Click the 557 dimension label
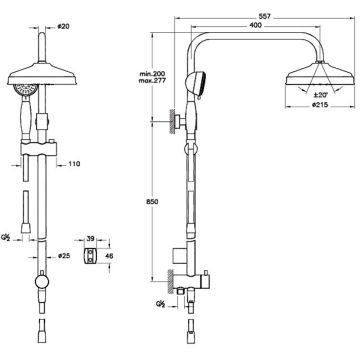(x=265, y=16)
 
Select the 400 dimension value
(x=255, y=25)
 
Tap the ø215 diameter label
(x=320, y=105)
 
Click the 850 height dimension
(x=152, y=202)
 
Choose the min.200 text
(x=152, y=74)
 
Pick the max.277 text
(x=152, y=80)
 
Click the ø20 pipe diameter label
(x=63, y=27)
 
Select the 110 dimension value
(x=75, y=164)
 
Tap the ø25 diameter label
(x=64, y=256)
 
